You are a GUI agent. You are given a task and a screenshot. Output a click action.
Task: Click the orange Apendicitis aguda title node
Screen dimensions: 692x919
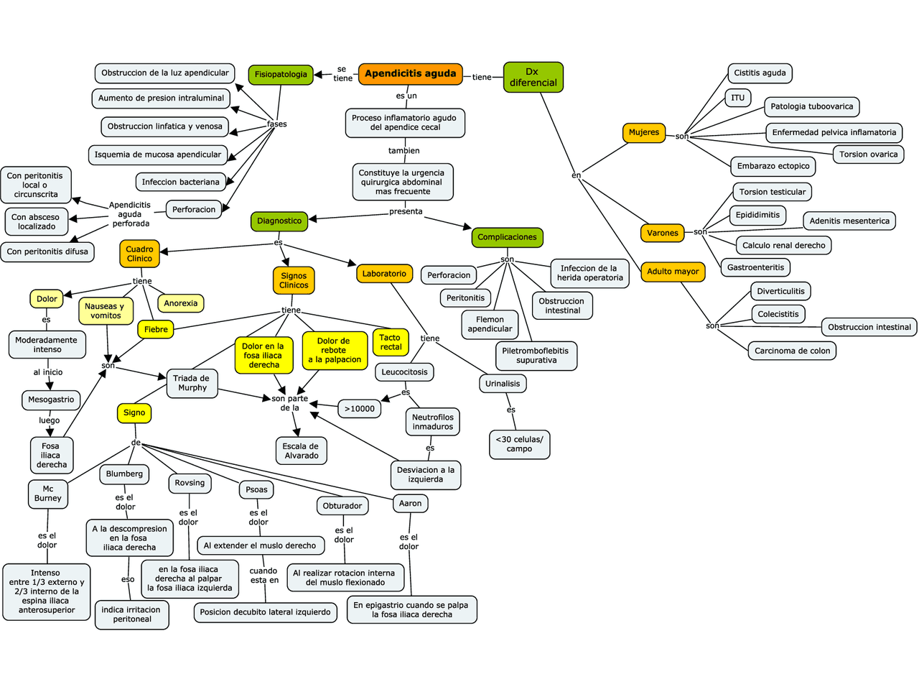coord(410,73)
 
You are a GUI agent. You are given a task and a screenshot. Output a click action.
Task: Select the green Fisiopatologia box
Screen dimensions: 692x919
coord(281,75)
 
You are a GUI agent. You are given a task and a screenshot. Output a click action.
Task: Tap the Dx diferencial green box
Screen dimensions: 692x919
coord(533,77)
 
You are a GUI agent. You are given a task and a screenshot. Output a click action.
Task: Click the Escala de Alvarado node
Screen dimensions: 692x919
coord(301,451)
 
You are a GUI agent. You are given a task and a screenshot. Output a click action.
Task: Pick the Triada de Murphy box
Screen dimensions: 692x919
coord(192,383)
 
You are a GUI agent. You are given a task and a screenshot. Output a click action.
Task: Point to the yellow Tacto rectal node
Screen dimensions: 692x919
coord(391,342)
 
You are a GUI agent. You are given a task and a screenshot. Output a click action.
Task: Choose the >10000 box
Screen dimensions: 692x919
coord(359,409)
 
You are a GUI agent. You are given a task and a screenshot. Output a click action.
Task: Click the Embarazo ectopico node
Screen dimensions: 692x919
coord(773,166)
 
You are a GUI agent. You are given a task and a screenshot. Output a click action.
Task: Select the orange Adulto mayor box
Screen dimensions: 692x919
coord(673,272)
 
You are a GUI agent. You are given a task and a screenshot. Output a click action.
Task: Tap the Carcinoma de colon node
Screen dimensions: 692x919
coord(792,351)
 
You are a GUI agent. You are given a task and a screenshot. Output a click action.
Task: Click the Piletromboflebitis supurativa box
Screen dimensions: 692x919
coord(535,356)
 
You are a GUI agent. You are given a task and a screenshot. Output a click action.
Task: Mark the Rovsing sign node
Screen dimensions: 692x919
coord(190,483)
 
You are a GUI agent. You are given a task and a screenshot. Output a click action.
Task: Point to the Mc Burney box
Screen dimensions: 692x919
coord(48,494)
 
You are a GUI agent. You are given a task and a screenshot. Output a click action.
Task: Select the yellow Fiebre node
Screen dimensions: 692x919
coord(156,330)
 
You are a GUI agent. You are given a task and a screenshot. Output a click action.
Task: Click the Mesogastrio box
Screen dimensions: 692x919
coord(51,400)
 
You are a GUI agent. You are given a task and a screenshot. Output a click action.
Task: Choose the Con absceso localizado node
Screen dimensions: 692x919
coord(36,221)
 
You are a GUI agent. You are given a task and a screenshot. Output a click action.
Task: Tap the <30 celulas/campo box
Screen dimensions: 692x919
coord(519,444)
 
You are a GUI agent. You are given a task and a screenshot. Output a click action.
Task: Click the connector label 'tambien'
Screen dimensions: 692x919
coord(403,151)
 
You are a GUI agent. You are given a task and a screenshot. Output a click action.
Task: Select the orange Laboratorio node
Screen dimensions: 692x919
coord(384,274)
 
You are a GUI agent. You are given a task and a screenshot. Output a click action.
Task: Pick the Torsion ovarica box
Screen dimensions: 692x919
coord(868,154)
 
